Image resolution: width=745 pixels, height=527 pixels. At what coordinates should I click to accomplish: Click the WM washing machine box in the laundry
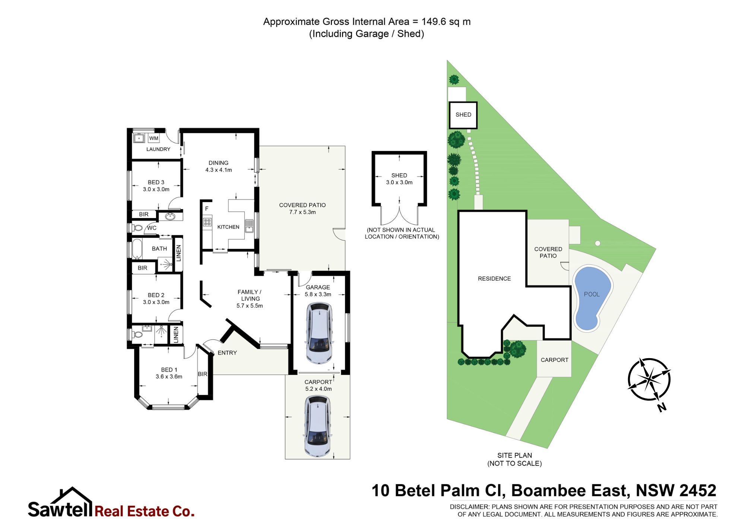coord(153,138)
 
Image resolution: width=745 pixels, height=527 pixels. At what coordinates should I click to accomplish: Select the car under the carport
coord(318,426)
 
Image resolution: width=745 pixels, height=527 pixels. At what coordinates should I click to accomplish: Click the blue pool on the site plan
coord(592,298)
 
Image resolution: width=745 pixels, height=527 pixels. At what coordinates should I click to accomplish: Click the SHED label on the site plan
coord(463,115)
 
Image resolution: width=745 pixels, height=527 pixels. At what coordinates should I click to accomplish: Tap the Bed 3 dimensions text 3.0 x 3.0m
coord(156,189)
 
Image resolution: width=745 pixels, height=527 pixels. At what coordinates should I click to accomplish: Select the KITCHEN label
coord(228,227)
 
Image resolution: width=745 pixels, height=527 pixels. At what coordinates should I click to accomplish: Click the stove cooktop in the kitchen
coord(207,223)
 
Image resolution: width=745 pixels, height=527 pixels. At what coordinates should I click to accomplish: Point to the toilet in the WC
coord(137,228)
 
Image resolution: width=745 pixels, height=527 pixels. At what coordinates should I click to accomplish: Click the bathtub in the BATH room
coord(136,249)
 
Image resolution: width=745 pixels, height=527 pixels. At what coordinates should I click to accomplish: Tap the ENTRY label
coord(227,353)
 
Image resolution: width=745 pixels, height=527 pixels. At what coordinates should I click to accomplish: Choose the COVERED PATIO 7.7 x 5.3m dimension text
coord(302,212)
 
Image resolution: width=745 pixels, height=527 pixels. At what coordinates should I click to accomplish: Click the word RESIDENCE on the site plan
coord(494,279)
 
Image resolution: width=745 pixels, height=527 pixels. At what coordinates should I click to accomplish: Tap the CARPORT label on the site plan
coord(554,360)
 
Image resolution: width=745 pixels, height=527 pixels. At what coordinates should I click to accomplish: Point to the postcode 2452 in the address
coord(698,490)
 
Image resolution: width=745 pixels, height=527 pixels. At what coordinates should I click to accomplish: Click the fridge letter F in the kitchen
coord(207,209)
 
